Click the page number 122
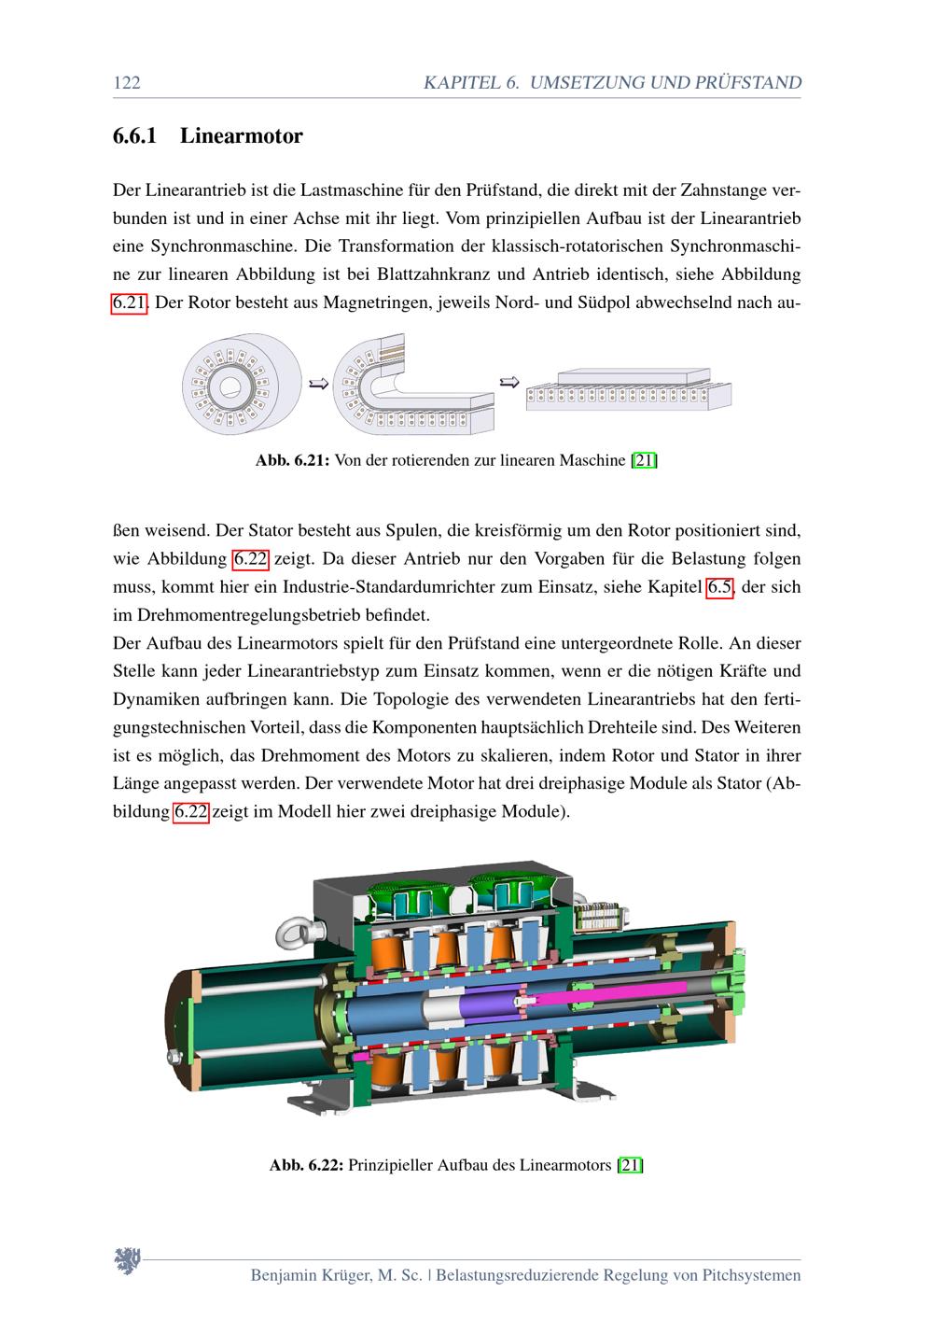126,83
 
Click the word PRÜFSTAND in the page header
747,83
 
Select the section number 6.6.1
134,136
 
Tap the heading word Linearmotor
241,136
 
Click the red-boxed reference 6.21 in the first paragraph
130,303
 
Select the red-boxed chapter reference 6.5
719,587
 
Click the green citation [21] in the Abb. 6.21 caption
645,460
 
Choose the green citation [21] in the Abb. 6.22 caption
630,1165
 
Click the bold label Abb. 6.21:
293,460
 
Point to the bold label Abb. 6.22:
307,1165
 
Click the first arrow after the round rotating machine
318,384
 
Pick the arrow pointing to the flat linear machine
509,381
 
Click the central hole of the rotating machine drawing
227,384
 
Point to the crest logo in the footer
127,1261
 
